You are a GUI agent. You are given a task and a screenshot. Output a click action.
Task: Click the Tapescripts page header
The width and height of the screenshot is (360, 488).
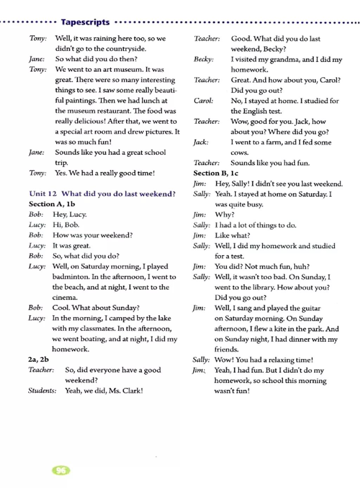[85, 22]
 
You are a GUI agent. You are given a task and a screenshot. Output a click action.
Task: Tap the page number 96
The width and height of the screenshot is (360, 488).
[61, 470]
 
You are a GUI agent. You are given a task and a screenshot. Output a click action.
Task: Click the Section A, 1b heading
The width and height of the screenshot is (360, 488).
[52, 204]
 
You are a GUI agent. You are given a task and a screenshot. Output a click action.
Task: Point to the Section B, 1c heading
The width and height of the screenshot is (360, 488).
[216, 173]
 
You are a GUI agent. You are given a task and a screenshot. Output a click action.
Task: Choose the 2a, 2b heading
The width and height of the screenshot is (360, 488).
[38, 359]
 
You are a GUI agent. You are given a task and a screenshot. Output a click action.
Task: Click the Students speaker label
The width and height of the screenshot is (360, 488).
[42, 391]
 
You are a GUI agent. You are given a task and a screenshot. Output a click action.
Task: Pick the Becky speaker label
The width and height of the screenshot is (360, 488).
[203, 59]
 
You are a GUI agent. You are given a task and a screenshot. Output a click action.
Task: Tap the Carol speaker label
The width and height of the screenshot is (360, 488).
[203, 101]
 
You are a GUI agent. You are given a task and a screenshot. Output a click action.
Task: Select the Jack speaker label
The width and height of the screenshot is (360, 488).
[200, 142]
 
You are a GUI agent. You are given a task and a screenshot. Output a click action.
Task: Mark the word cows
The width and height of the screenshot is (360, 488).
[239, 153]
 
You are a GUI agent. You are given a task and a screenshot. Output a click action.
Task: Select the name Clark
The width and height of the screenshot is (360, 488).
[132, 391]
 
